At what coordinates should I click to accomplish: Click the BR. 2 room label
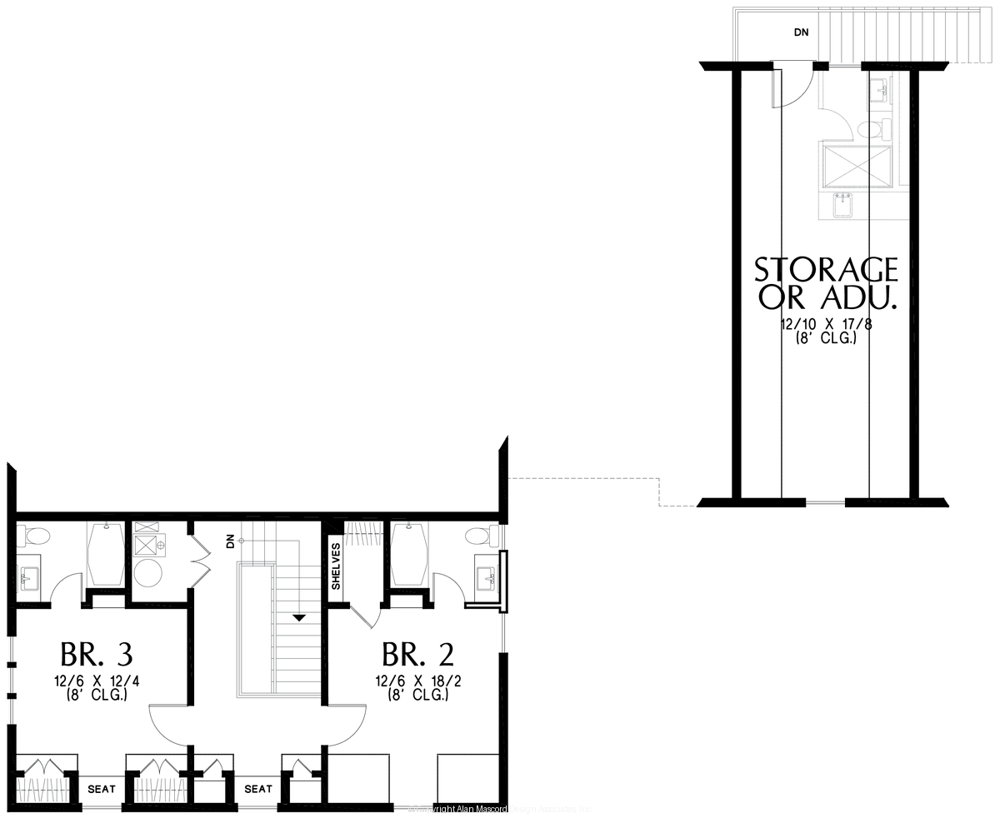click(x=418, y=653)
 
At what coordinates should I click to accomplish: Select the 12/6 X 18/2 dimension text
click(x=418, y=681)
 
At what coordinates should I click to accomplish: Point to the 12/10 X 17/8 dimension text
click(x=826, y=324)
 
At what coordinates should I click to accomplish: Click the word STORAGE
click(x=826, y=270)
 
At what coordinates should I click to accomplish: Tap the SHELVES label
click(x=337, y=566)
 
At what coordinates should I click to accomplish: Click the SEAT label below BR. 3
click(x=102, y=789)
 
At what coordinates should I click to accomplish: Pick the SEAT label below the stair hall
click(x=258, y=789)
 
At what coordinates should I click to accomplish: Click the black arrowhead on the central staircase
click(x=298, y=618)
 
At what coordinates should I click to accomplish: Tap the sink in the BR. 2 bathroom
click(x=486, y=575)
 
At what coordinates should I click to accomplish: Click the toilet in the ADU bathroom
click(x=870, y=129)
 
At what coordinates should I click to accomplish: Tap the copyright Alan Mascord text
click(x=500, y=809)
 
